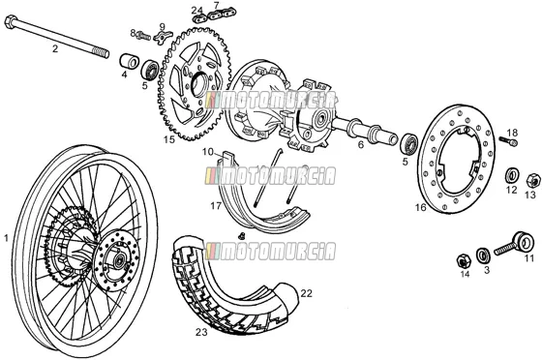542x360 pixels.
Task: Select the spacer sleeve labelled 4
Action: pyautogui.click(x=129, y=61)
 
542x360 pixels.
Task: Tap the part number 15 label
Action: pyautogui.click(x=169, y=139)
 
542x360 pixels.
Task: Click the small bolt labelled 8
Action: pyautogui.click(x=143, y=35)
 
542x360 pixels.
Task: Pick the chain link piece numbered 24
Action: pyautogui.click(x=199, y=19)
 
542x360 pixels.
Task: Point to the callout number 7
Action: pyautogui.click(x=216, y=6)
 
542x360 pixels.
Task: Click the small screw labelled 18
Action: pyautogui.click(x=509, y=140)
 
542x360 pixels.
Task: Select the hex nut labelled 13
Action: pyautogui.click(x=532, y=181)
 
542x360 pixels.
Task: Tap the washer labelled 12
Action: pyautogui.click(x=512, y=175)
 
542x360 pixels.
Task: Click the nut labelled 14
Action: pyautogui.click(x=464, y=261)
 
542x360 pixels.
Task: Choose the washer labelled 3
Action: pyautogui.click(x=483, y=255)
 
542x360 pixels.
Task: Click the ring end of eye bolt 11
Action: pyautogui.click(x=523, y=241)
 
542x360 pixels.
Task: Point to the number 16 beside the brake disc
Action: pyautogui.click(x=421, y=207)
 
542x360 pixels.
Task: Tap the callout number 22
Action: pyautogui.click(x=306, y=293)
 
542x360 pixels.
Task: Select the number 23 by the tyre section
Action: pyautogui.click(x=201, y=332)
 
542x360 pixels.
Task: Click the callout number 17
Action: pyautogui.click(x=216, y=206)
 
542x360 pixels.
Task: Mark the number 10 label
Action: pyautogui.click(x=208, y=152)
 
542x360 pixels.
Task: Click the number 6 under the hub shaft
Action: pyautogui.click(x=361, y=144)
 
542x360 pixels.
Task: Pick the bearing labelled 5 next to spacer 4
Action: pyautogui.click(x=150, y=70)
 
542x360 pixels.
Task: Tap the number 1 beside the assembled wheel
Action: pyautogui.click(x=6, y=238)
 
